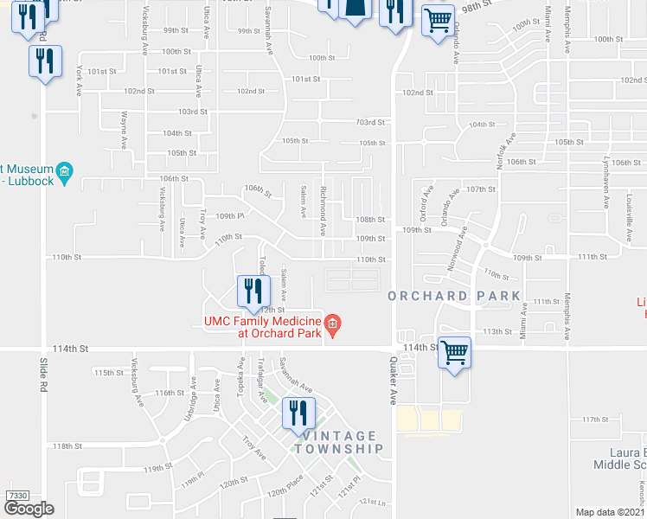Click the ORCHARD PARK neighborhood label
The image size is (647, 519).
454,296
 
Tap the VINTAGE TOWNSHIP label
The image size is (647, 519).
337,442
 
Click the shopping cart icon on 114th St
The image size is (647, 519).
454,352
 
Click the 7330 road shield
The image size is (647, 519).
17,496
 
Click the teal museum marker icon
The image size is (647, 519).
64,174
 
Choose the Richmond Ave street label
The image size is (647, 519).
323,209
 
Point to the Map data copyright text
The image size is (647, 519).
611,512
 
